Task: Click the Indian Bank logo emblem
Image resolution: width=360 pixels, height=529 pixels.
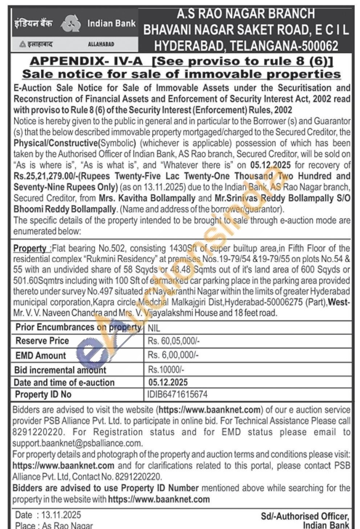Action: pyautogui.click(x=71, y=24)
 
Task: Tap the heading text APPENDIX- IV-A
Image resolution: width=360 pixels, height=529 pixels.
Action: pyautogui.click(x=86, y=61)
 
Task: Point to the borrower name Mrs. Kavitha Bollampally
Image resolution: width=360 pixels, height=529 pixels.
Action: pyautogui.click(x=147, y=198)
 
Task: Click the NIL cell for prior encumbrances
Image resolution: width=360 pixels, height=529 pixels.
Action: pyautogui.click(x=154, y=328)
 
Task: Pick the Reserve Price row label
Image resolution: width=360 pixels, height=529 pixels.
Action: pyautogui.click(x=42, y=341)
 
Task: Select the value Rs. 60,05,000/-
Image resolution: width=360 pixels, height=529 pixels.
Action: pyautogui.click(x=174, y=341)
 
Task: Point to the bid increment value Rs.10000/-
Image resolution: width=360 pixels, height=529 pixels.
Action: pyautogui.click(x=166, y=370)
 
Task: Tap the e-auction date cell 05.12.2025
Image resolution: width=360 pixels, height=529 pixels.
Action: pyautogui.click(x=168, y=382)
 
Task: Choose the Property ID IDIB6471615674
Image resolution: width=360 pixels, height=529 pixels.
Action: pyautogui.click(x=177, y=394)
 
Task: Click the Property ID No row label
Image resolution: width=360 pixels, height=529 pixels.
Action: pyautogui.click(x=43, y=394)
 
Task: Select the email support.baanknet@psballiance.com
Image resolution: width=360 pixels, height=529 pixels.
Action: pyautogui.click(x=77, y=444)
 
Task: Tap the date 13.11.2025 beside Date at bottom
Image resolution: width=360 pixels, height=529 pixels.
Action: pyautogui.click(x=61, y=515)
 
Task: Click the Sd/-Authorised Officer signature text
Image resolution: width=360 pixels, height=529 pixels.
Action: pyautogui.click(x=305, y=516)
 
